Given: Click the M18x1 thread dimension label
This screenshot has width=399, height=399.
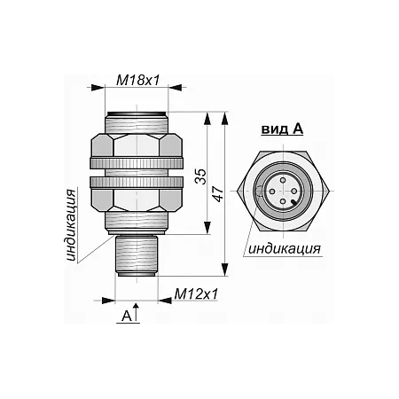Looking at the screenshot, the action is point(138,80).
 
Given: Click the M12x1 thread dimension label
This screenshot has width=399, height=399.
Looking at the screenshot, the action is point(196,293).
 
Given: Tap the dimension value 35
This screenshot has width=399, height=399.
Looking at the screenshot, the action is point(201,176).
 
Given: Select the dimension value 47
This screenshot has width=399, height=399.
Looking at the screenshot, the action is point(219,194).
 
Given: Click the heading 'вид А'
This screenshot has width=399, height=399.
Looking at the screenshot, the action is point(282,129).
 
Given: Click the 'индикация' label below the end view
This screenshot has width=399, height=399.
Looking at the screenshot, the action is point(285,248).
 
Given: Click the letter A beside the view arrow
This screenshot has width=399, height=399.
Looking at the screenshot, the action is point(127,316).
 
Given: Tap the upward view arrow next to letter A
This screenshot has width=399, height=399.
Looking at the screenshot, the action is point(136,312).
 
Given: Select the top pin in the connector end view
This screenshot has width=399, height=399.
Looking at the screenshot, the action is point(283,180).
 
